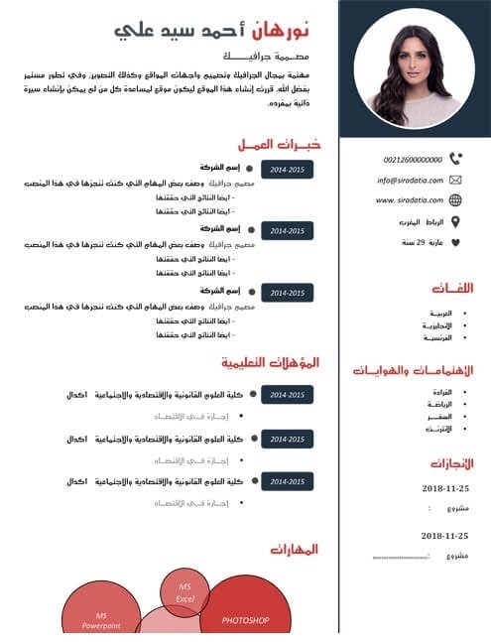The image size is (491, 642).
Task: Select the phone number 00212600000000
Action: [412, 159]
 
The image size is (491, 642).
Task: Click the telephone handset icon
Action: [455, 158]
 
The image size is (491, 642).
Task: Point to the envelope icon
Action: [455, 180]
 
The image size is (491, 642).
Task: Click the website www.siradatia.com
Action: [408, 200]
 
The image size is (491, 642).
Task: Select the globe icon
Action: [455, 200]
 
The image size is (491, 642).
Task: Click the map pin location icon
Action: [455, 221]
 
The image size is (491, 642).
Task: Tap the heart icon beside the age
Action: [455, 242]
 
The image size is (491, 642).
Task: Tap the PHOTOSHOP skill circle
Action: [245, 618]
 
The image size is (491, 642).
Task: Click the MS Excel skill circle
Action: [185, 592]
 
